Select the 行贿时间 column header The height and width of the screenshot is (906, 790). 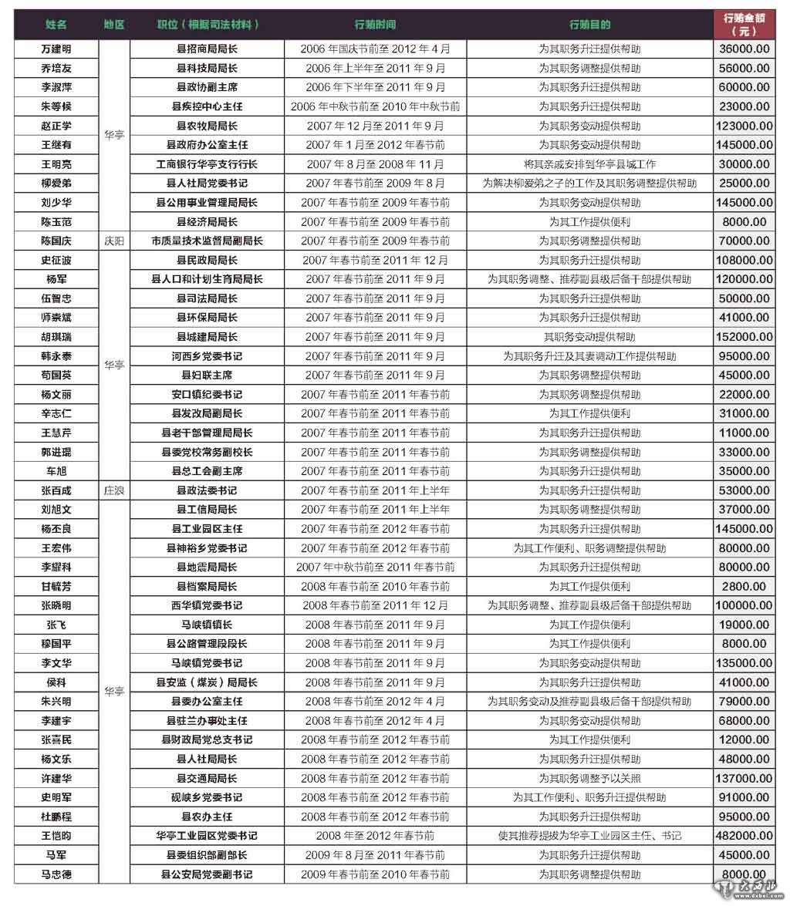(375, 25)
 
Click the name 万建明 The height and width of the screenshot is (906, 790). (56, 49)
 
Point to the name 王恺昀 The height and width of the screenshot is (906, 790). (56, 836)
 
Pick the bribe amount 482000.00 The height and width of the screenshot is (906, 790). (743, 836)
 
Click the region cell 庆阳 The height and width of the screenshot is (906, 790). (113, 241)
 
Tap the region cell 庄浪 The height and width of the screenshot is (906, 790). (113, 490)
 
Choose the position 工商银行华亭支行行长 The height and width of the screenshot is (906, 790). (207, 164)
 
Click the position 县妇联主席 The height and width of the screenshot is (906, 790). (207, 376)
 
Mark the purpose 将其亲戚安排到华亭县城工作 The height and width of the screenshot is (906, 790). (589, 164)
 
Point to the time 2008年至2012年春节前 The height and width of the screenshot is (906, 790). (375, 836)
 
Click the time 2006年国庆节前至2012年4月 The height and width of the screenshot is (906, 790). (375, 49)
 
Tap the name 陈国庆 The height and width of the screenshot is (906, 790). (56, 241)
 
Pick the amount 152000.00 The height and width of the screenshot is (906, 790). (743, 337)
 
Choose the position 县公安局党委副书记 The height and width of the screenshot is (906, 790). (207, 874)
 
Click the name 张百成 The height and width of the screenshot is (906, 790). (56, 490)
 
